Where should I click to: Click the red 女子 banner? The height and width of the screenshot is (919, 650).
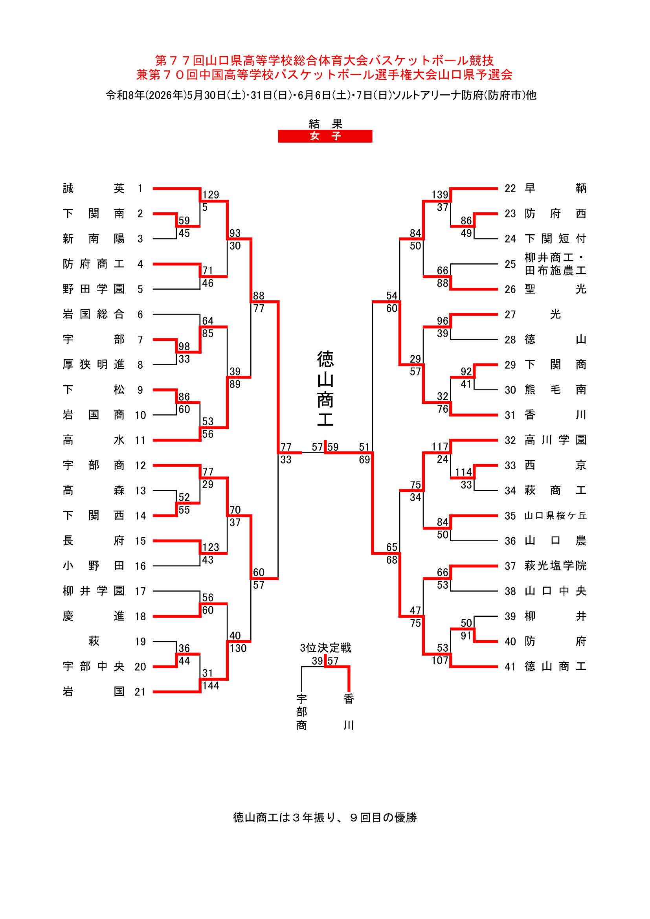click(x=325, y=136)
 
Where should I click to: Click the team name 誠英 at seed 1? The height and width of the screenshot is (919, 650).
click(x=94, y=188)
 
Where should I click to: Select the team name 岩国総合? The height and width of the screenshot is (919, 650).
click(x=94, y=314)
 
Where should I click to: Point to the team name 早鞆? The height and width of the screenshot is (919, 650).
click(x=556, y=188)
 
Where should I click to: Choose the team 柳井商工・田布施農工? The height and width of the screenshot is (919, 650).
click(x=556, y=264)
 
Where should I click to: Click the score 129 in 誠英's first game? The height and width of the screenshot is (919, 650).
click(x=211, y=195)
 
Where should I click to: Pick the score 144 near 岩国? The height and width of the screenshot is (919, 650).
click(x=211, y=686)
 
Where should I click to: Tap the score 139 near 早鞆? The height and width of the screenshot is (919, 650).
click(x=440, y=195)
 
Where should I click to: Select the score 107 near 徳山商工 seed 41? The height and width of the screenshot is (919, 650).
click(x=440, y=660)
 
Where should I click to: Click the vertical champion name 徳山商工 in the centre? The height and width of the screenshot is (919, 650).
click(x=325, y=389)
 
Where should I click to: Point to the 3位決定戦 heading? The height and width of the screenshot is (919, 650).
click(x=325, y=648)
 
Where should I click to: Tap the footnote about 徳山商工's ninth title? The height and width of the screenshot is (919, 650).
click(x=325, y=817)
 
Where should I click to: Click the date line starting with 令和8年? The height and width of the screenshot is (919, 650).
click(x=321, y=95)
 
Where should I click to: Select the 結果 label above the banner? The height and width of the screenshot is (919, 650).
click(x=325, y=123)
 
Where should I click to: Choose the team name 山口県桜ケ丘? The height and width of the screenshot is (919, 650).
click(x=556, y=516)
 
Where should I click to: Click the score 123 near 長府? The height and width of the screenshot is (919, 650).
click(x=211, y=547)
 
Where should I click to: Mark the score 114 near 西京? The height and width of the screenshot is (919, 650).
click(x=463, y=472)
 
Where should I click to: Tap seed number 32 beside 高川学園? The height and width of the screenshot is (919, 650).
click(x=510, y=440)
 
